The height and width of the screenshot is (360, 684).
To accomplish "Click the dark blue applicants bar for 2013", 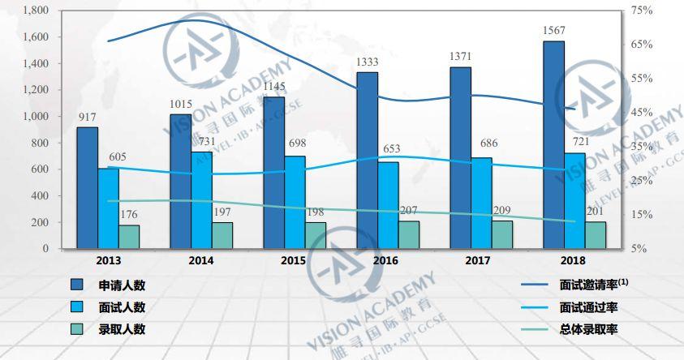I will [x=88, y=187].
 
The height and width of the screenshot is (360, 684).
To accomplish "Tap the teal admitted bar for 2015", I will [x=315, y=235].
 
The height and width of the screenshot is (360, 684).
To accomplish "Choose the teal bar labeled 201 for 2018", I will [x=595, y=235].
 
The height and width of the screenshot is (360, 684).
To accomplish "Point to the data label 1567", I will [x=553, y=31].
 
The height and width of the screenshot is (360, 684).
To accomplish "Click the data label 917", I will [x=88, y=118].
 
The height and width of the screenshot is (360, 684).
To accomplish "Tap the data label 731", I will [x=201, y=142].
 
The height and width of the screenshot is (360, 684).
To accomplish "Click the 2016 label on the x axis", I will [x=385, y=260].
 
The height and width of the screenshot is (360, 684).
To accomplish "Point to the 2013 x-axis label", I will [x=108, y=260].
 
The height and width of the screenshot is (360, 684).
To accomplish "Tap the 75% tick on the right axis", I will [x=642, y=11].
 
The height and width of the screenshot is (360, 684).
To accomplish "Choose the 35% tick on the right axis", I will [x=642, y=147].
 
